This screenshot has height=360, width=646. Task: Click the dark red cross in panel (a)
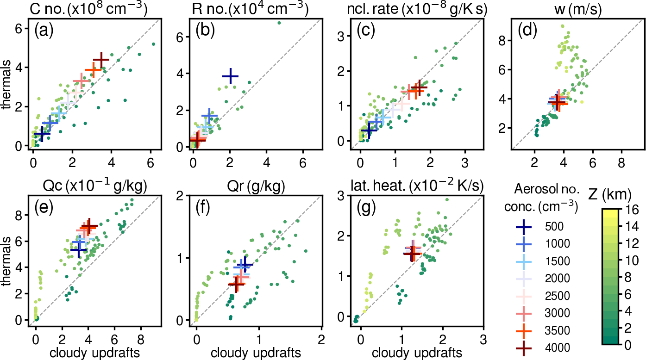pos(101,60)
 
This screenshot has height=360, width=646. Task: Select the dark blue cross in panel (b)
pos(230,76)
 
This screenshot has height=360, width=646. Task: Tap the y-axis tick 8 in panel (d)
pos(502,40)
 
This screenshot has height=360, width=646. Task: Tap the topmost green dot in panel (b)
pos(279,22)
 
